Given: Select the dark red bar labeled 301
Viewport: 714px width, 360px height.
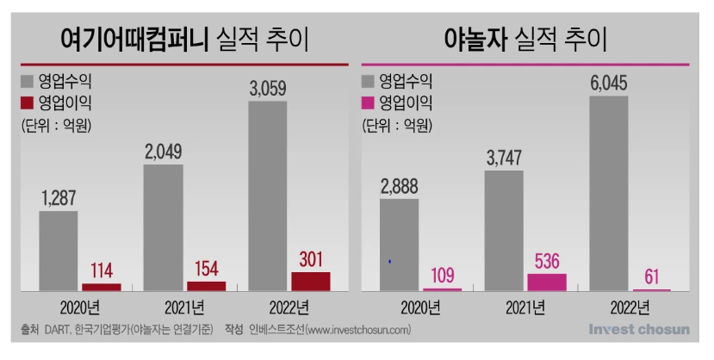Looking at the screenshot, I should (310, 281).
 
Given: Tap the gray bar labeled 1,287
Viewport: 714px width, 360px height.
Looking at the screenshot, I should (59, 251).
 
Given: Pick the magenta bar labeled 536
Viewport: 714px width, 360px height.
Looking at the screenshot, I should (547, 282).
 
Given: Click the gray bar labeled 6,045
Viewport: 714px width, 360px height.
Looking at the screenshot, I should (609, 193).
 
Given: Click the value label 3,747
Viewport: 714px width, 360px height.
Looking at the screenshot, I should (504, 158).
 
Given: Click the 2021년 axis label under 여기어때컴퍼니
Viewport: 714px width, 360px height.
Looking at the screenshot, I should (182, 307).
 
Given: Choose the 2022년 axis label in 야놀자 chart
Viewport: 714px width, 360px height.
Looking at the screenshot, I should (631, 307).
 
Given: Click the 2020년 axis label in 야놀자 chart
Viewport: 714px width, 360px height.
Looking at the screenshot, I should (419, 307).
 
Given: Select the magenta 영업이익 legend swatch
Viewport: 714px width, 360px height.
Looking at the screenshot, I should (369, 103).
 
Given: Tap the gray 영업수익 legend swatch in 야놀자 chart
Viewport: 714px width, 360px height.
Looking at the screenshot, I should (369, 82).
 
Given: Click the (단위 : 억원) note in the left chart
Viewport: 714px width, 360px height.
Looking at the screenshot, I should (57, 125).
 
